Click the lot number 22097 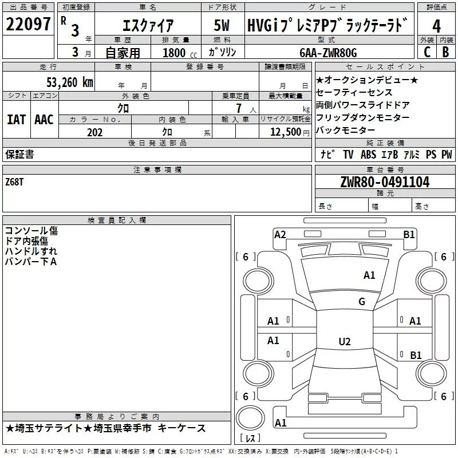pos(28,24)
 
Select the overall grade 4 pos(436,26)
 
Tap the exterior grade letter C pos(427,52)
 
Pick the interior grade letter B pos(445,52)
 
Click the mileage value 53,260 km pos(70,82)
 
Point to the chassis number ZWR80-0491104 pos(385,182)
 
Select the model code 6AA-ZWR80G pos(328,53)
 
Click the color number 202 pos(94,132)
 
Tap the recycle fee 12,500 pos(286,132)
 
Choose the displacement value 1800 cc pos(180,53)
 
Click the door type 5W pos(222,25)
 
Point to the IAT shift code pos(16,120)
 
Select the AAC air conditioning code pos(44,120)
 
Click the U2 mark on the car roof pos(345,341)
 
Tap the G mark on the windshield pos(362,301)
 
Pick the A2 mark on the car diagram pos(280,235)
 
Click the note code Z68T pos(14,182)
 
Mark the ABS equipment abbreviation pos(368,155)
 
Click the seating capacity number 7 pos(239,108)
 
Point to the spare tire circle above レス pos(250,418)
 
